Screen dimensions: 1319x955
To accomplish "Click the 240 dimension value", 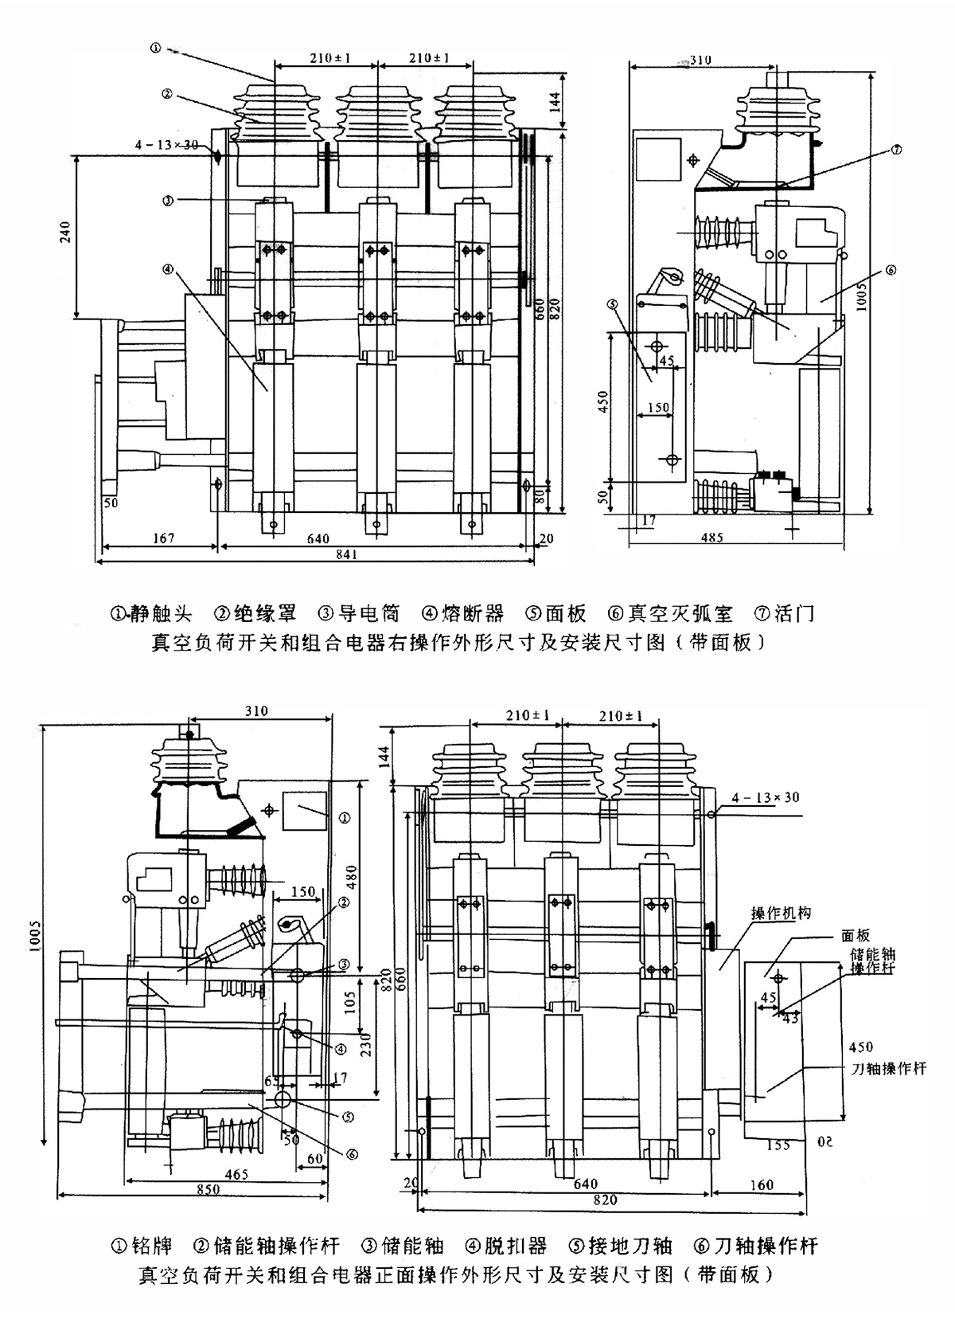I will (x=67, y=230).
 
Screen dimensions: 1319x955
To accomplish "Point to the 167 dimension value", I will (x=162, y=538).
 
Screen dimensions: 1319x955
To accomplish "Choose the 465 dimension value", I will (x=236, y=1173).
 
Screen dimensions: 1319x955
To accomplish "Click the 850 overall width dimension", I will (x=209, y=1189).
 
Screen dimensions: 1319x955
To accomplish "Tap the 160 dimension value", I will (x=762, y=1184).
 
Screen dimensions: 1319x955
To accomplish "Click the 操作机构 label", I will (x=781, y=914).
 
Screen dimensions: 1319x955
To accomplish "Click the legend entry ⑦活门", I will (x=784, y=613).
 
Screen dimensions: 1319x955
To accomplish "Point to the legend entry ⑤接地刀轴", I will (x=621, y=1246).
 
